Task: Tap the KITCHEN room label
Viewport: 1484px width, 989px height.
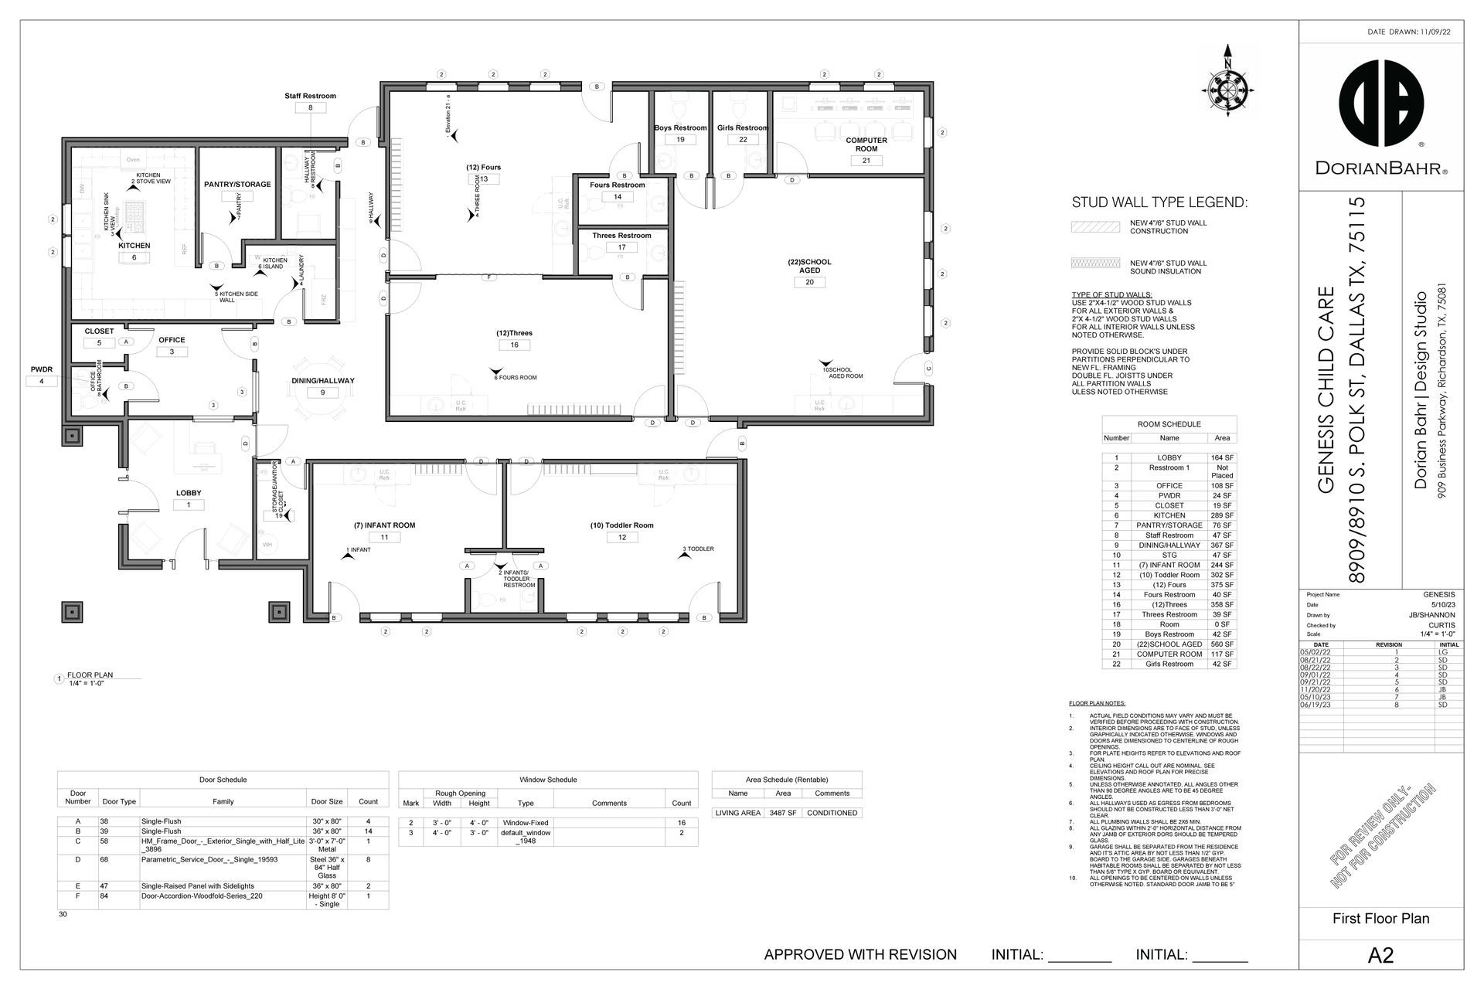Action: (x=134, y=246)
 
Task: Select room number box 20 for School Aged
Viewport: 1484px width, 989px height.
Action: (x=809, y=282)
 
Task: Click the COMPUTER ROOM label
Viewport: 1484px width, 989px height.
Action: (x=866, y=144)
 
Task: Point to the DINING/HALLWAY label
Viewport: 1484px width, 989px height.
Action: (x=322, y=381)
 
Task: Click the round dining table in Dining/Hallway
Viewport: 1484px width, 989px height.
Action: (x=323, y=391)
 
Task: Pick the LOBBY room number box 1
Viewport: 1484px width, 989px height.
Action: (x=188, y=505)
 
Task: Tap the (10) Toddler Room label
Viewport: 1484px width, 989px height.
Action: (x=621, y=525)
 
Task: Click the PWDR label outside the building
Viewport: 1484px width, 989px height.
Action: (x=42, y=369)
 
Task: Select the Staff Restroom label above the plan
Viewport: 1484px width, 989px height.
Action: (x=310, y=96)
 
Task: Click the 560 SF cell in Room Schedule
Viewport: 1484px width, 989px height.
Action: (x=1222, y=644)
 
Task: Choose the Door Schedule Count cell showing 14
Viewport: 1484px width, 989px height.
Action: (x=368, y=831)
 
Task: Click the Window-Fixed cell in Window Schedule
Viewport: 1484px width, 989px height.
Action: (x=526, y=824)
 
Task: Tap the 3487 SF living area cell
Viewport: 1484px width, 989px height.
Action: (x=782, y=813)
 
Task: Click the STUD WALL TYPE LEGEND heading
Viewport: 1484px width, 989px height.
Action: (x=1159, y=203)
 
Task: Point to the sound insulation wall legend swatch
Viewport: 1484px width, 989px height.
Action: (x=1095, y=263)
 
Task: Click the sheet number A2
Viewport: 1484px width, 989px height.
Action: (x=1380, y=956)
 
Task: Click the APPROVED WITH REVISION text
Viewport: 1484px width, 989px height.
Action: (x=859, y=955)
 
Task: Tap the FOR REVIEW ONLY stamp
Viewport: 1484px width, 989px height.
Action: (x=1384, y=834)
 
